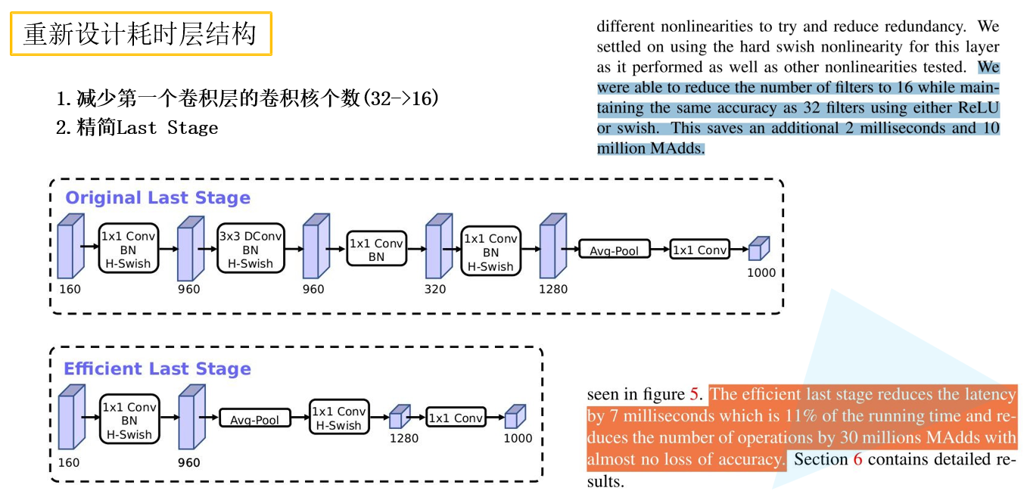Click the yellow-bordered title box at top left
tap(141, 34)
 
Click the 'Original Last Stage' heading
tap(157, 198)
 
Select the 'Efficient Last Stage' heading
tap(157, 369)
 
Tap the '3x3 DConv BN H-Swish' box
tap(251, 250)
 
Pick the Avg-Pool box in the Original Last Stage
tap(615, 250)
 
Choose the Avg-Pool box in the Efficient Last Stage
tap(255, 419)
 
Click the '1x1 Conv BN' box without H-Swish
tap(376, 250)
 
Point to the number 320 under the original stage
tap(435, 289)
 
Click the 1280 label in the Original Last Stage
tap(552, 289)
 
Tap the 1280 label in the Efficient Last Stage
tap(403, 438)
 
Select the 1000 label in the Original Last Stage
tap(761, 273)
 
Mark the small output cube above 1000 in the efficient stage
tap(515, 416)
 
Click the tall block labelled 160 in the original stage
tap(70, 247)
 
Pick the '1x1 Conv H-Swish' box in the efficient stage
tap(339, 418)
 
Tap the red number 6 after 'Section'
tap(857, 459)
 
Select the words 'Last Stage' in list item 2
tap(167, 128)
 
